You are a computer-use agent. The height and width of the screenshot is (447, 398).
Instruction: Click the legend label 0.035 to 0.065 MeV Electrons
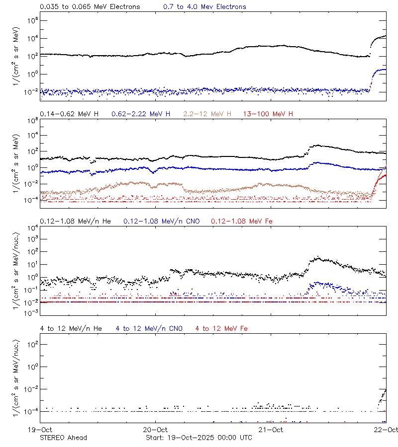[90, 6]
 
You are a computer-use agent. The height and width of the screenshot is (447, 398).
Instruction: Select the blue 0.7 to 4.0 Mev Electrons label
[204, 6]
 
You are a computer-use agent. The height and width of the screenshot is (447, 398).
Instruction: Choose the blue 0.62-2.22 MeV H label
[141, 114]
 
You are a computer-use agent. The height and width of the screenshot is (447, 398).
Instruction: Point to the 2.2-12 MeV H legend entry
[207, 114]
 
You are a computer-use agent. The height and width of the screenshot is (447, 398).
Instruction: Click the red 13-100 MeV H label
[268, 114]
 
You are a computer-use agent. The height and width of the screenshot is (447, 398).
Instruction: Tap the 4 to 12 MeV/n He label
[71, 328]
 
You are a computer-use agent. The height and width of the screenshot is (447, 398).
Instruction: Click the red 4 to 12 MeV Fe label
[221, 328]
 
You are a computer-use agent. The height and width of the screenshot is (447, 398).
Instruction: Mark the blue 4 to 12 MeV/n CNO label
[149, 328]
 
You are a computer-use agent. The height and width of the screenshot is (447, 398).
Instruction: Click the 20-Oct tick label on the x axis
[155, 430]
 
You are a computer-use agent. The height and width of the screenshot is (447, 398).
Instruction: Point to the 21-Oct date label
[271, 430]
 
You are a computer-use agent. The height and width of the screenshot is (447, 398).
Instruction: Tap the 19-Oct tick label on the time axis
[40, 430]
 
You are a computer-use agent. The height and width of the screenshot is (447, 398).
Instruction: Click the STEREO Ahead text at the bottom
[63, 438]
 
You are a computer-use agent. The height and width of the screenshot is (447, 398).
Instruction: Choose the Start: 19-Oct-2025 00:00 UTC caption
[199, 438]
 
